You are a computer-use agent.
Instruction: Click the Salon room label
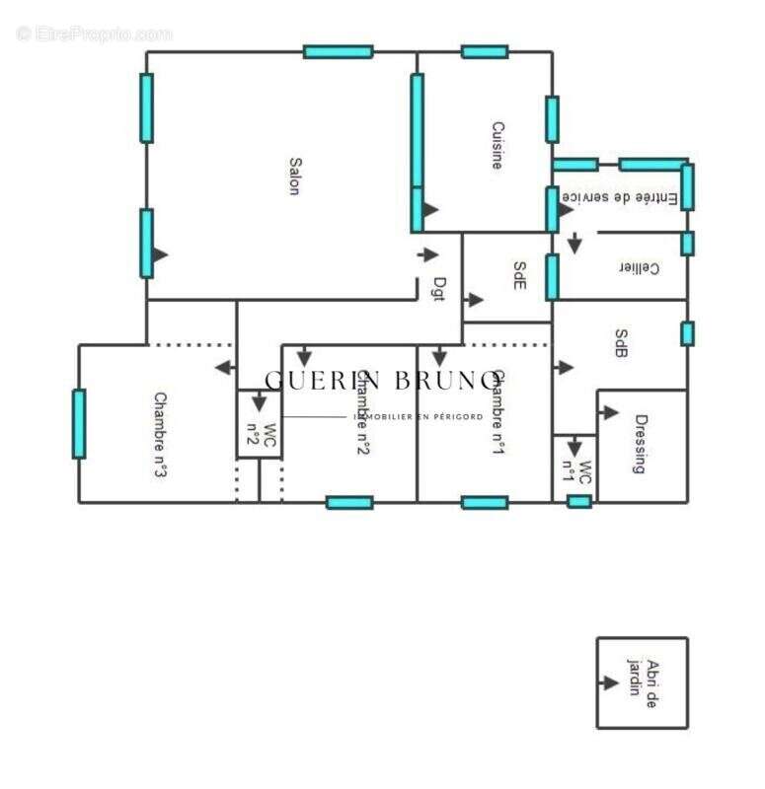pos(294,177)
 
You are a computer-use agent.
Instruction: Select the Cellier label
pos(639,268)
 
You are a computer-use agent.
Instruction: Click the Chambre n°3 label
pos(158,435)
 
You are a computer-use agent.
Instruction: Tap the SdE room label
pos(519,276)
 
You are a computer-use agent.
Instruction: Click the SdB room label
pos(621,343)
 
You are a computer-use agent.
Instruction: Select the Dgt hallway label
pos(439,288)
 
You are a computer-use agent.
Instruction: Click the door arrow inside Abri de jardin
pos(609,682)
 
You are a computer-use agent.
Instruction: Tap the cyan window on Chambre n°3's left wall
pos(79,423)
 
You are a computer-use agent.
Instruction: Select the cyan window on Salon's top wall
pos(338,51)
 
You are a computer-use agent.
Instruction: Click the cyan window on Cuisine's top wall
pos(485,51)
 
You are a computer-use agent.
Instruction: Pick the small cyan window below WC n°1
pos(579,502)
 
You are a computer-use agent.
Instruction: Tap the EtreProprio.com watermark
pos(95,34)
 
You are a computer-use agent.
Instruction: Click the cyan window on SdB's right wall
pos(687,333)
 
